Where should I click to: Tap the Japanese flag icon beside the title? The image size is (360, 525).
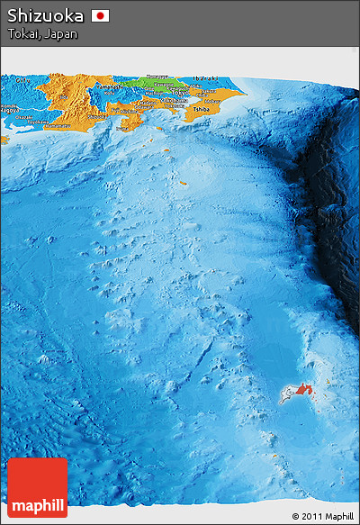tap(100, 15)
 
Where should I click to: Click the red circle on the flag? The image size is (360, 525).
tap(100, 15)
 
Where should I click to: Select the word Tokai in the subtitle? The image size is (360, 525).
tap(22, 34)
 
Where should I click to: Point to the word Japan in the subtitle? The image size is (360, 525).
tap(60, 34)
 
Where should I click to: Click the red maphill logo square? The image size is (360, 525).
tap(37, 487)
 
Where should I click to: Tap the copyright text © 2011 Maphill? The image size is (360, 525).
tap(322, 516)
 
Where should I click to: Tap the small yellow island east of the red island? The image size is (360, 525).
tap(327, 382)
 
